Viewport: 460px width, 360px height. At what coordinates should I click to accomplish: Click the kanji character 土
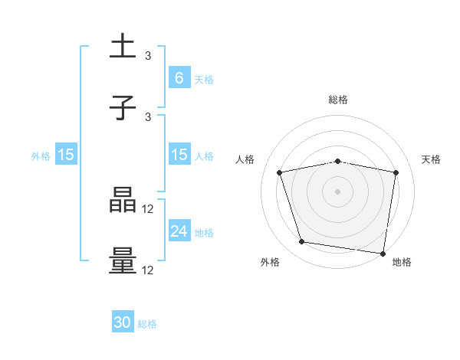coord(123,46)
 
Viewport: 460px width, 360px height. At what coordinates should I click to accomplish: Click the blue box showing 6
coord(179,77)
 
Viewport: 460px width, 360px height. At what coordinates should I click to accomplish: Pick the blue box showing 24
coord(179,231)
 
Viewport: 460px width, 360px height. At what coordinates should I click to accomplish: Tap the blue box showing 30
coord(123,322)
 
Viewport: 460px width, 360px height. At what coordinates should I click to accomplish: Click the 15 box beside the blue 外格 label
coord(66,155)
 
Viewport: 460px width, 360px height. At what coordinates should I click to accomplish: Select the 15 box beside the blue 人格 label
coord(179,155)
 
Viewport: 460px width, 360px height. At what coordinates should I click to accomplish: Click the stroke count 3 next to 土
coord(148,56)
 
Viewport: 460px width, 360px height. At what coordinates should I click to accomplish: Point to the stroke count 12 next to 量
coord(149,270)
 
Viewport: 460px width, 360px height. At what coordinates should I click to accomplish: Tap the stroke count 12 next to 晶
coord(149,208)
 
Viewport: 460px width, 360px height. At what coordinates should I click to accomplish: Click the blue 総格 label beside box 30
coord(147,324)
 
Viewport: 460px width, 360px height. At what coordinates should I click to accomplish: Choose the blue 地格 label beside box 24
coord(204,232)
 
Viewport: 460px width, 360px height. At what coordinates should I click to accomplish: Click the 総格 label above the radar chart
coord(338,100)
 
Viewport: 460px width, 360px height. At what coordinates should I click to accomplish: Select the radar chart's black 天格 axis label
coord(432,159)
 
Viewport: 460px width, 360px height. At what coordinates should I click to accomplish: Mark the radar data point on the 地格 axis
coord(383,253)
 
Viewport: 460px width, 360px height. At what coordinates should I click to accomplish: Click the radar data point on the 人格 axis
coord(280,172)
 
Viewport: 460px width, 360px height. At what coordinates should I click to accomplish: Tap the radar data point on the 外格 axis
coord(302,242)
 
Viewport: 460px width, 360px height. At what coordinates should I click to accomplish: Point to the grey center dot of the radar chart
coord(338,191)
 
